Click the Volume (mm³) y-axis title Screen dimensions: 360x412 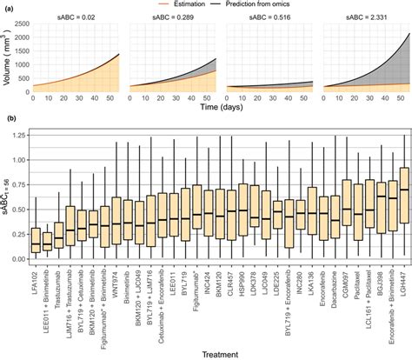tap(9, 63)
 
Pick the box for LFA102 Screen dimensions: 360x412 tap(35, 239)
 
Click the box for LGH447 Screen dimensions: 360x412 tap(402, 190)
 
